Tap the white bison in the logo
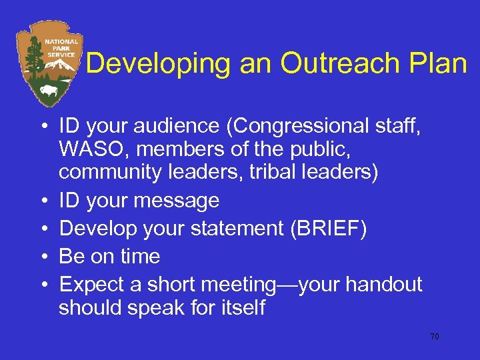pos(48,90)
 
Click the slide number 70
pos(434,337)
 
